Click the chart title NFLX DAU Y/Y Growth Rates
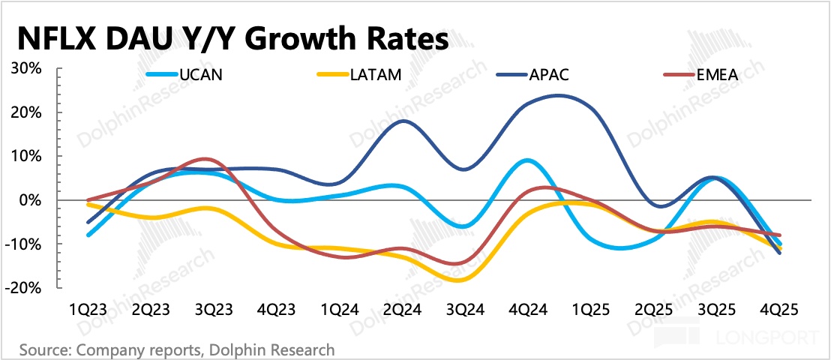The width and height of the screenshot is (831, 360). point(232,38)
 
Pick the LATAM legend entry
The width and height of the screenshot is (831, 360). point(367,75)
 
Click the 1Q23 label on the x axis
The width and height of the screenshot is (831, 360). point(88,310)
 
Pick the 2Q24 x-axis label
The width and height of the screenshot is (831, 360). point(403,310)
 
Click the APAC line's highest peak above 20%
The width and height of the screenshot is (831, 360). point(556,95)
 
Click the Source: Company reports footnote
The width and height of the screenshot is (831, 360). point(177,349)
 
